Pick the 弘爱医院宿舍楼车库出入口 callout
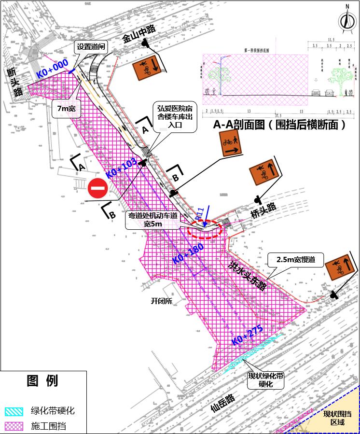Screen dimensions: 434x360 (x=175, y=116)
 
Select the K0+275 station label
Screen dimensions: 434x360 (x=246, y=334)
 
